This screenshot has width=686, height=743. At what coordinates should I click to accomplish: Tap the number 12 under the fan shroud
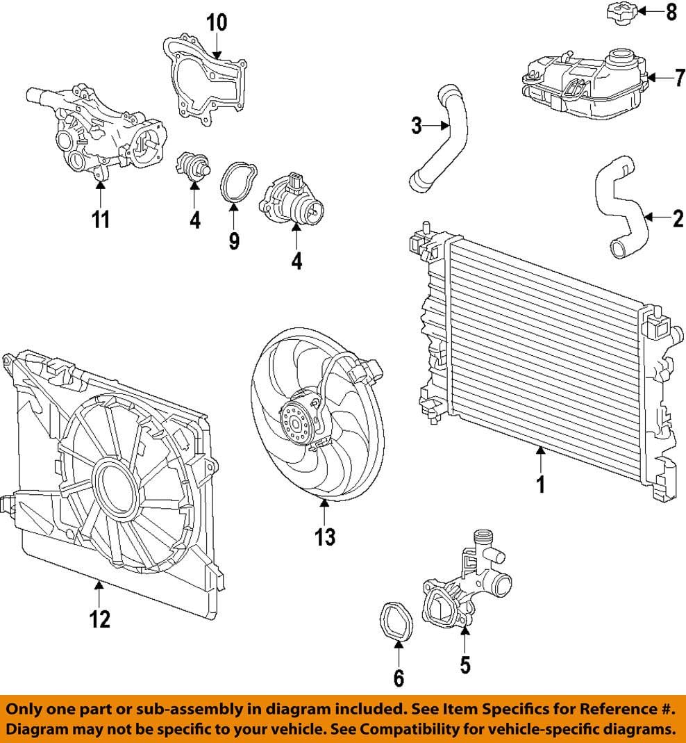[100, 618]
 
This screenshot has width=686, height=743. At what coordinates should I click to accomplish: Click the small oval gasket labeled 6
[398, 621]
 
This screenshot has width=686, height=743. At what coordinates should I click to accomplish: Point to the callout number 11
[101, 220]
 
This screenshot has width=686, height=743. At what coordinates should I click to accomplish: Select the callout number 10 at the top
[217, 22]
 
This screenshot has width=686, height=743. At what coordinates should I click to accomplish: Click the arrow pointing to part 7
[659, 78]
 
